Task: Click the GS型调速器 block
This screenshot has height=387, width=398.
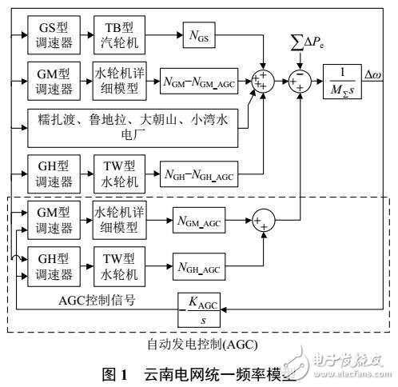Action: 56,34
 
